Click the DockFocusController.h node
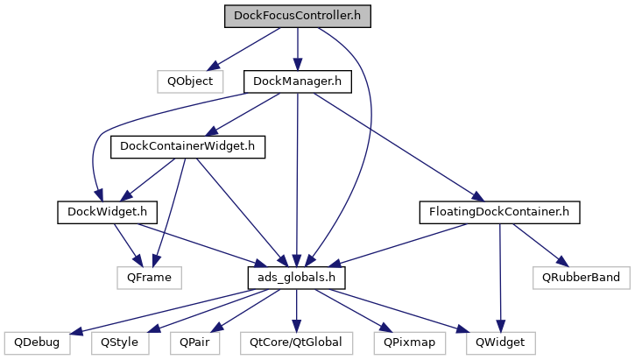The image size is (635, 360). pyautogui.click(x=298, y=16)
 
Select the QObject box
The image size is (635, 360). pyautogui.click(x=190, y=81)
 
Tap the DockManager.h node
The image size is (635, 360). pyautogui.click(x=298, y=81)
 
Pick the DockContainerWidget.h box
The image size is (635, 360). pyautogui.click(x=187, y=146)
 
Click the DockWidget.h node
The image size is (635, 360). pyautogui.click(x=108, y=212)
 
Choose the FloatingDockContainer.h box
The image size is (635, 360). pyautogui.click(x=499, y=212)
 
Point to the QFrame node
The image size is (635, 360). pyautogui.click(x=150, y=278)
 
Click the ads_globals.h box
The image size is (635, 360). pyautogui.click(x=296, y=278)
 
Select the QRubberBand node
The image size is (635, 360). pyautogui.click(x=582, y=278)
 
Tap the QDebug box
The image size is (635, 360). pyautogui.click(x=37, y=343)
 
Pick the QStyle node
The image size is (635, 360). pyautogui.click(x=119, y=343)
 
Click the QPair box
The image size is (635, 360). pyautogui.click(x=194, y=343)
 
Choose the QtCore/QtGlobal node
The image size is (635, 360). pyautogui.click(x=296, y=343)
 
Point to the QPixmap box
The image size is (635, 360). pyautogui.click(x=409, y=343)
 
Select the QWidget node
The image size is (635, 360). pyautogui.click(x=500, y=343)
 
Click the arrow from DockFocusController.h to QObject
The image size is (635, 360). pyautogui.click(x=244, y=49)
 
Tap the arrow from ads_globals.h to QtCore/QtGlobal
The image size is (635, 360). pyautogui.click(x=296, y=311)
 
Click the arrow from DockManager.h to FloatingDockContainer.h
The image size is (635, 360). pyautogui.click(x=399, y=147)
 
